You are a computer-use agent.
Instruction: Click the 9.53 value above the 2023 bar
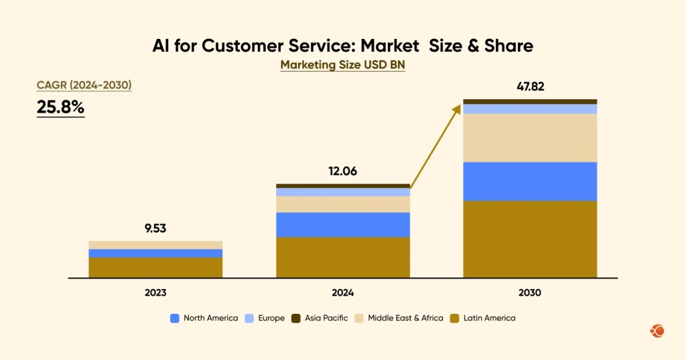click(155, 228)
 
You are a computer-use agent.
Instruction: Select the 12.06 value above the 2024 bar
click(342, 171)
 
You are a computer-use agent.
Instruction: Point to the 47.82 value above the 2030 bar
click(530, 86)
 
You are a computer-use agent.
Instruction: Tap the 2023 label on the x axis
click(155, 293)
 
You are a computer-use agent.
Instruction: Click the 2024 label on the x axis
click(342, 293)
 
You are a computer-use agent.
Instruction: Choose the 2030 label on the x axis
click(530, 293)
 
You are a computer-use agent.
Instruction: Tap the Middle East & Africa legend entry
click(399, 318)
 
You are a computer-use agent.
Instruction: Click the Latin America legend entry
click(484, 318)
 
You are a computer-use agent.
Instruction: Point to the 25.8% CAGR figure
click(60, 107)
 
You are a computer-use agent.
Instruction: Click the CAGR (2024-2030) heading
click(84, 85)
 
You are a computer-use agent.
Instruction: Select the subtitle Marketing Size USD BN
click(342, 65)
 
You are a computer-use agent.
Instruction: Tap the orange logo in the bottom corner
click(657, 331)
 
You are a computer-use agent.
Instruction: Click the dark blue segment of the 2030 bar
click(530, 181)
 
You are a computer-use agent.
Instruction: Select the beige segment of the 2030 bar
click(530, 137)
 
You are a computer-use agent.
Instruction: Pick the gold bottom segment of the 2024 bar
click(342, 257)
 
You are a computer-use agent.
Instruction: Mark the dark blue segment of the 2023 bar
click(155, 253)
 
